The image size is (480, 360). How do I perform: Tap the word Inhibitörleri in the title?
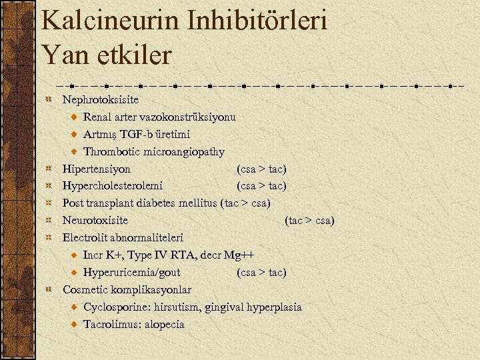[259, 21]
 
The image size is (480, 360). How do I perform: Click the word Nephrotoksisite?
[101, 100]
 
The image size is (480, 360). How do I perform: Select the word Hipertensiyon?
[97, 169]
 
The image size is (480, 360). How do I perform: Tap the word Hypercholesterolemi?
[113, 186]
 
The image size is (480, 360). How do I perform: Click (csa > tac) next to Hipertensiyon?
[261, 169]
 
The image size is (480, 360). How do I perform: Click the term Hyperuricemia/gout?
[131, 273]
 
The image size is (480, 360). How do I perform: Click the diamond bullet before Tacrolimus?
[74, 325]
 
